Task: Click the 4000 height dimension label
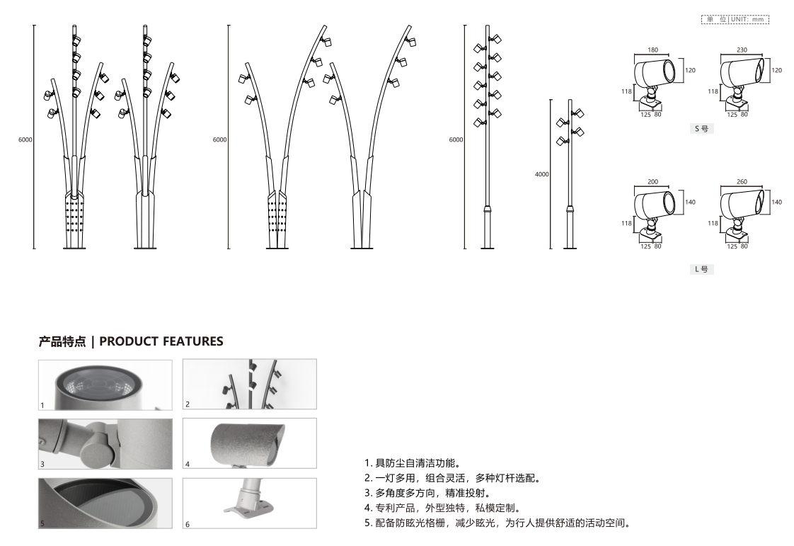click(542, 174)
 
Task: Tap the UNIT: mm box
click(735, 19)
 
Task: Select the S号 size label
click(702, 129)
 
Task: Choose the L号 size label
click(702, 269)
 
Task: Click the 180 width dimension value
click(652, 50)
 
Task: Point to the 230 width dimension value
click(742, 50)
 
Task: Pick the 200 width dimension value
click(652, 181)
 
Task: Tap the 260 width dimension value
click(742, 181)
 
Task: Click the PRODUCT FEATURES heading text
click(161, 341)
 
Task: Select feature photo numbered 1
click(105, 385)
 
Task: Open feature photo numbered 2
click(250, 385)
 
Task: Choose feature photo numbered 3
click(105, 443)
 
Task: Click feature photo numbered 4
click(250, 443)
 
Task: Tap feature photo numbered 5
click(105, 504)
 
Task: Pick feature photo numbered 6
click(250, 504)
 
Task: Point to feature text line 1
click(413, 463)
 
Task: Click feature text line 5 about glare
click(498, 523)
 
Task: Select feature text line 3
click(428, 493)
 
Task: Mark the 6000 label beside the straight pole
click(456, 140)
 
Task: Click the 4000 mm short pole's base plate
click(570, 249)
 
